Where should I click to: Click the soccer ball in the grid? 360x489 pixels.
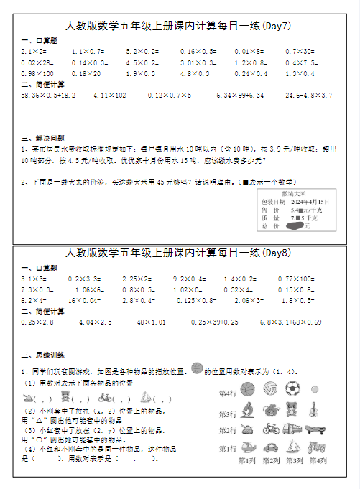292,388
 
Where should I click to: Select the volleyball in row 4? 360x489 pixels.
270,388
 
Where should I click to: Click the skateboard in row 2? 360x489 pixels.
314,429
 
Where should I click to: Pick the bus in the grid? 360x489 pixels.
292,429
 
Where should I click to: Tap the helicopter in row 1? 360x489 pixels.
247,448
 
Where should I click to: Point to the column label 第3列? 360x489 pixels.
293,460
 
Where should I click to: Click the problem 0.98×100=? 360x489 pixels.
40,74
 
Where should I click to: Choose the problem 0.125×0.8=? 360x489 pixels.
197,301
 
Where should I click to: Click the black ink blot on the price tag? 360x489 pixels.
293,225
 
